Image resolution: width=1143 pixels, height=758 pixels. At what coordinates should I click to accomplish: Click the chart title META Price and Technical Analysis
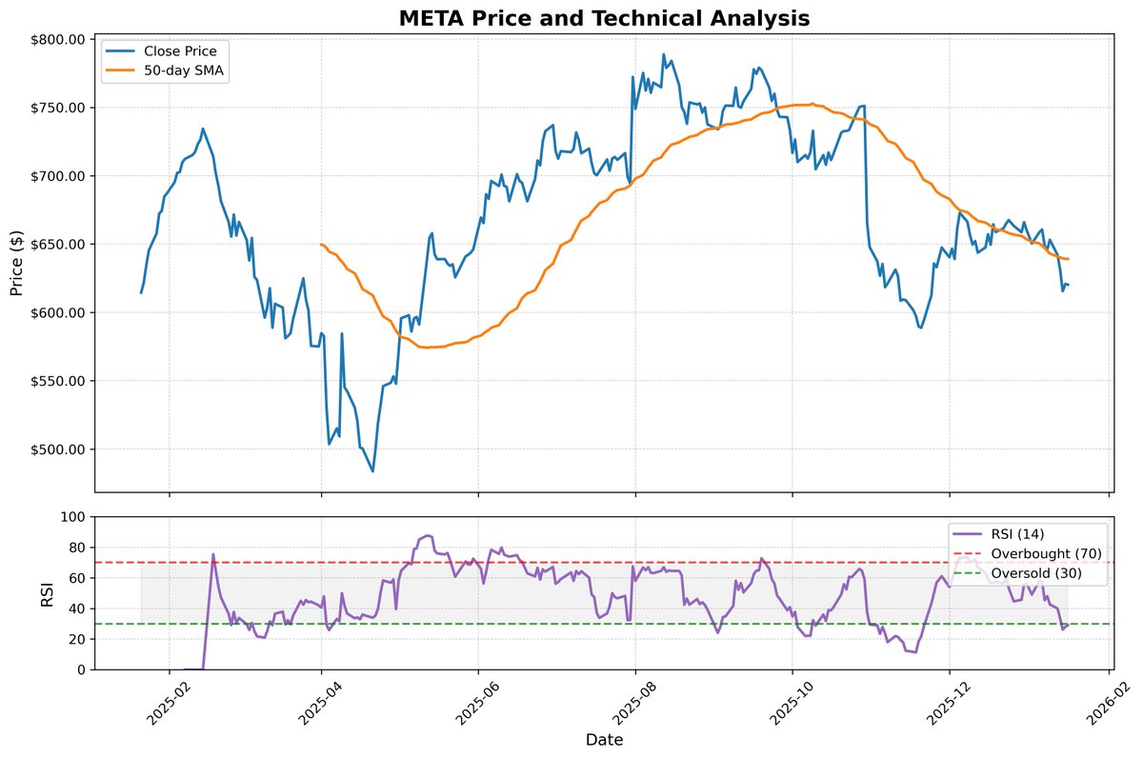[604, 17]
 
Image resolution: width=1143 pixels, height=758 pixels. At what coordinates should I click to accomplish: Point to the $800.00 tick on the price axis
[60, 39]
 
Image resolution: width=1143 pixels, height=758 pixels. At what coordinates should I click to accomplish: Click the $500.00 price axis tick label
[60, 449]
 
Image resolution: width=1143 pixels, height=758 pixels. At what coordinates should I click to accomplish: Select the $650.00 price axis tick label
[60, 245]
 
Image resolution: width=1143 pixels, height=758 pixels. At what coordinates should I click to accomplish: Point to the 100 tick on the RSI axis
[73, 517]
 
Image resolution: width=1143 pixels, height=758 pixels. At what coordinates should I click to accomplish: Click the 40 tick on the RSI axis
[78, 608]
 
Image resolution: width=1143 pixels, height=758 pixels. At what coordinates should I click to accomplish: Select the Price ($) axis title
[16, 263]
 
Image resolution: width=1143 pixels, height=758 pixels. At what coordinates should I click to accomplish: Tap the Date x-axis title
[604, 739]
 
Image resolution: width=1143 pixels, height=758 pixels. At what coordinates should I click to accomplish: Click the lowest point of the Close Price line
[372, 471]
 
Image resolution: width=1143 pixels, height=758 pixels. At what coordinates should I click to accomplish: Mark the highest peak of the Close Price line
[664, 54]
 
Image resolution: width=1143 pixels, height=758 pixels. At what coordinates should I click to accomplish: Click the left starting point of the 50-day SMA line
[321, 245]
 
